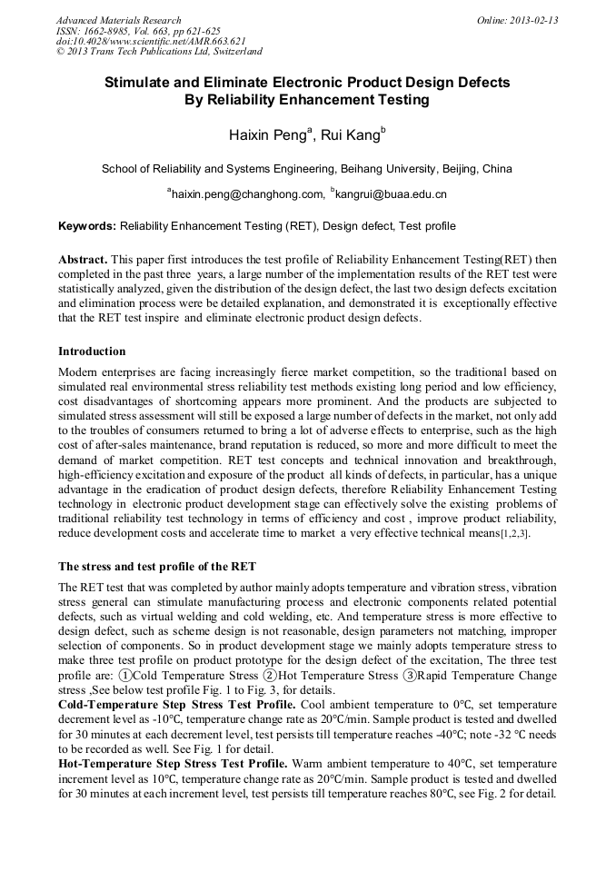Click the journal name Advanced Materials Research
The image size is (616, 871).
[118, 20]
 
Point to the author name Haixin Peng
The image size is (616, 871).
[270, 135]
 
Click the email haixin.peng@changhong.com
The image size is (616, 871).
[245, 193]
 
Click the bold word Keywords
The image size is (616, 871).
[87, 226]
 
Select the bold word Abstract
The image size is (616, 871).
[84, 259]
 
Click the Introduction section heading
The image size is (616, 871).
[92, 351]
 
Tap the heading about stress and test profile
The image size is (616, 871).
[151, 567]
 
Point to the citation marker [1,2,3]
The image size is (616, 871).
[515, 534]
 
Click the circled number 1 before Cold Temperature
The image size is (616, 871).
[124, 676]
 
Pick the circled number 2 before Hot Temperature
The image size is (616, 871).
[270, 676]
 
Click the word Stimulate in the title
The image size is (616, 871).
[141, 83]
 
